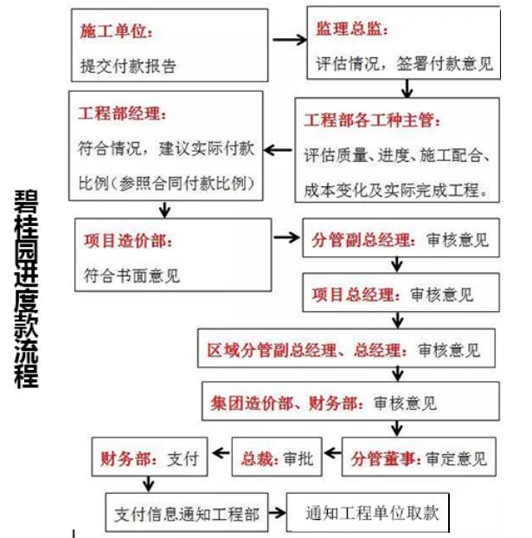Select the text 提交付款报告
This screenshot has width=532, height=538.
pos(128,65)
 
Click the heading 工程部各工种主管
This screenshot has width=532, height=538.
pos(373,119)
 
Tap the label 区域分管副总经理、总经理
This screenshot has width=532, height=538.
pos(304,351)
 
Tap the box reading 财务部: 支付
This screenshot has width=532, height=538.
pos(149,457)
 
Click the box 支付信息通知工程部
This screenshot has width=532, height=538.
pos(186,513)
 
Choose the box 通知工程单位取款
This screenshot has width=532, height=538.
pos(371,513)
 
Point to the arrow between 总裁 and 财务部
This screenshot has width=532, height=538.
pos(218,458)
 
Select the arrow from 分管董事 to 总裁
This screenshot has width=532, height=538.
pos(333,458)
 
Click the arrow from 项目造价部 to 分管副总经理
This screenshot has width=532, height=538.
pos(286,237)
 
